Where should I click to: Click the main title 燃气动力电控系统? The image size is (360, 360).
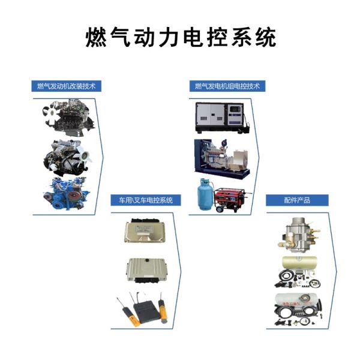(x=181, y=37)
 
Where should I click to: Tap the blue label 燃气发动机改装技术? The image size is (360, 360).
(x=67, y=86)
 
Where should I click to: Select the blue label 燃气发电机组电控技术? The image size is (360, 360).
(x=227, y=86)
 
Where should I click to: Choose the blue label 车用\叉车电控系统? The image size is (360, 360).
(x=146, y=200)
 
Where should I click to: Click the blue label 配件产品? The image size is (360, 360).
(x=297, y=200)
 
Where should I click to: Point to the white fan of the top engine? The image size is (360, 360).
(x=51, y=113)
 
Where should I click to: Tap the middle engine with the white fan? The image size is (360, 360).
(x=67, y=157)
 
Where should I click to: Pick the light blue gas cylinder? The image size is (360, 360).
(x=205, y=194)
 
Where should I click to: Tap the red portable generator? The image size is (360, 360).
(x=231, y=200)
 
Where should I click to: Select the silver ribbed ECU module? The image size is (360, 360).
(x=146, y=270)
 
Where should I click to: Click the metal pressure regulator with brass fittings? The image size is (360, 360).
(x=298, y=235)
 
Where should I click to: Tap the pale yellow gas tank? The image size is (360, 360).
(x=299, y=263)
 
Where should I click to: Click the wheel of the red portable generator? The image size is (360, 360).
(x=219, y=209)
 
